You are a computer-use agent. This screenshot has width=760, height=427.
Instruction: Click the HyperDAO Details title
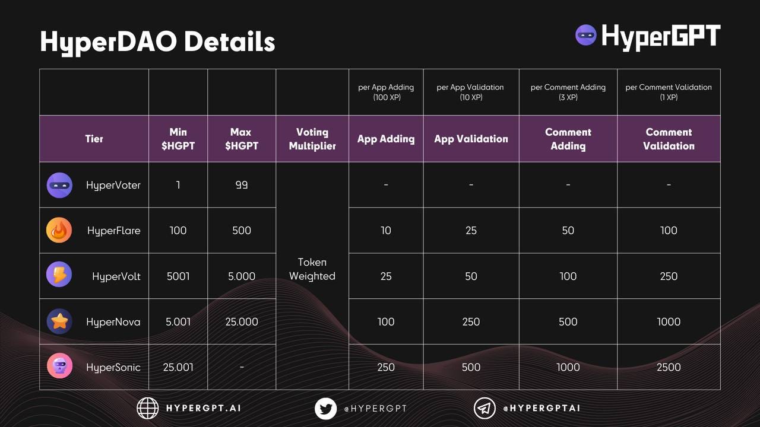157,42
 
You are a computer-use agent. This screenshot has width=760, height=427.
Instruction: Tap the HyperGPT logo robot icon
586,35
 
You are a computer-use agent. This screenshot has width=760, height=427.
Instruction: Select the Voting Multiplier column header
312,139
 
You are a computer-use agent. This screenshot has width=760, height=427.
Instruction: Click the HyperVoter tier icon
59,185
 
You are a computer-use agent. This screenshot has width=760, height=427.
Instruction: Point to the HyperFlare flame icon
59,230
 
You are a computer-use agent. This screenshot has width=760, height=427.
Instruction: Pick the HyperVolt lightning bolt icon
59,276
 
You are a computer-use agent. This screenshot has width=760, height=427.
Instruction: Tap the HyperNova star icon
59,321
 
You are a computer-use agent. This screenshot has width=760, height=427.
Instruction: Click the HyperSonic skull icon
59,367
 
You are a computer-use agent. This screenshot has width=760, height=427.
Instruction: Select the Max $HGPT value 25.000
242,321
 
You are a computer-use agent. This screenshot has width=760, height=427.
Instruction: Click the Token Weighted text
312,269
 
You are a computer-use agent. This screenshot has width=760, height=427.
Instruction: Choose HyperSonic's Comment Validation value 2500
669,367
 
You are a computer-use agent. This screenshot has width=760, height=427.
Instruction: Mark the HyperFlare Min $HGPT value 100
178,230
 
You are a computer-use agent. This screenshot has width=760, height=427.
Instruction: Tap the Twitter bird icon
325,408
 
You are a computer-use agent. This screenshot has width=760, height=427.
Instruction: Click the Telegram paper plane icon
484,408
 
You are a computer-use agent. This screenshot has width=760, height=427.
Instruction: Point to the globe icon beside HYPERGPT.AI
148,408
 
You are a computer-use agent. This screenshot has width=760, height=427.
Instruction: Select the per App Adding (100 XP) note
386,92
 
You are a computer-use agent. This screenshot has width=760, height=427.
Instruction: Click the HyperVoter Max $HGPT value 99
242,185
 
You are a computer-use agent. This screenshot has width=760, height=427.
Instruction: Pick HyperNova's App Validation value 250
471,321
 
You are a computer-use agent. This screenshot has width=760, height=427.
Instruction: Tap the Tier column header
94,139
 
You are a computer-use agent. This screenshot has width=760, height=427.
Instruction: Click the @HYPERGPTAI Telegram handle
541,408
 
